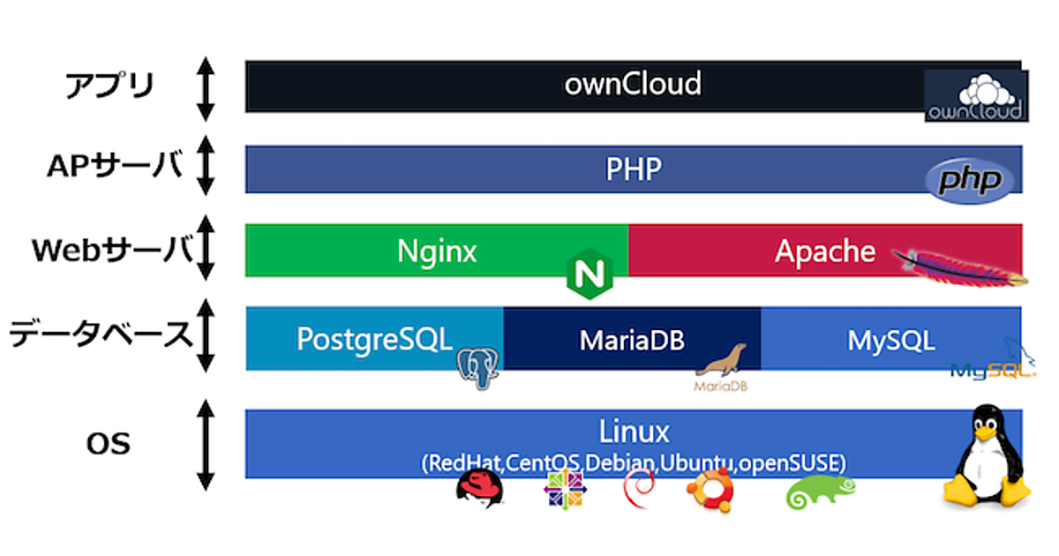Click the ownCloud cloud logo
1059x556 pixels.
(x=974, y=96)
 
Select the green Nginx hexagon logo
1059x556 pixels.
(x=589, y=277)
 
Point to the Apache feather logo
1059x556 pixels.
(x=958, y=267)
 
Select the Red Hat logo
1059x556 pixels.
(x=482, y=490)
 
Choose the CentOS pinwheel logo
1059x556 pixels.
(x=566, y=490)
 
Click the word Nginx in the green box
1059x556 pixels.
(x=436, y=252)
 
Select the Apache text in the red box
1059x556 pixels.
(x=824, y=252)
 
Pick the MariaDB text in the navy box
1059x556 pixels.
(x=632, y=340)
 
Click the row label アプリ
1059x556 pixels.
(x=110, y=86)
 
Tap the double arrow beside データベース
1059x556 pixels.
(x=206, y=335)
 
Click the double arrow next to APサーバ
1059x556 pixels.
(x=206, y=165)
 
